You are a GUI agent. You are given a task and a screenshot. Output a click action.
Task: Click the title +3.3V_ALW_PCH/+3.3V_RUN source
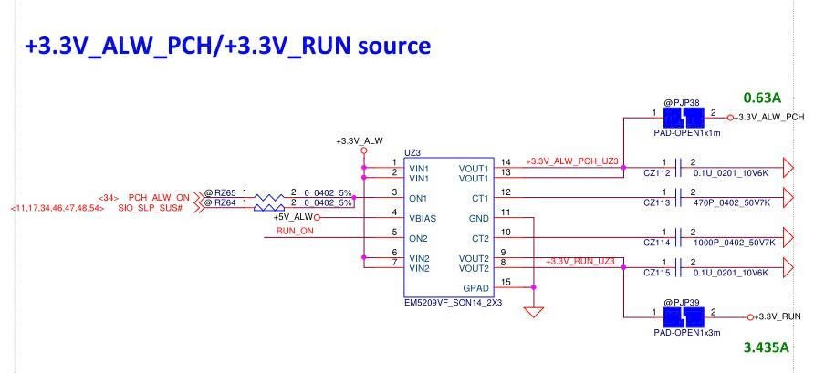pyautogui.click(x=215, y=44)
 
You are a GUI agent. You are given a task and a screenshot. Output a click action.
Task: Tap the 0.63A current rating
pyautogui.click(x=762, y=96)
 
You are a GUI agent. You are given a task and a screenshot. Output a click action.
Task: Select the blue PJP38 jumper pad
pyautogui.click(x=682, y=118)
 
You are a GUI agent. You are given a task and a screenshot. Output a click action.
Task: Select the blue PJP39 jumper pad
pyautogui.click(x=682, y=317)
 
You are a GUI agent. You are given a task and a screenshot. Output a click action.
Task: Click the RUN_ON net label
pyautogui.click(x=295, y=233)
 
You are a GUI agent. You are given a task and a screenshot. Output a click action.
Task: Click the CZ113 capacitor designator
pyautogui.click(x=657, y=205)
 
